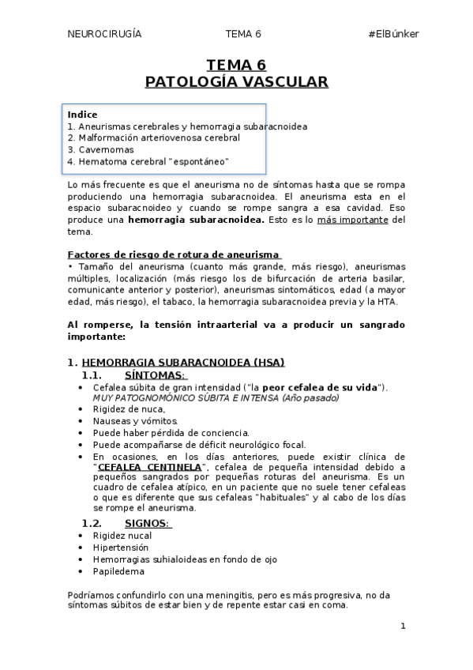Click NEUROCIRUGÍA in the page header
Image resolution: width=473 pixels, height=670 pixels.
click(105, 34)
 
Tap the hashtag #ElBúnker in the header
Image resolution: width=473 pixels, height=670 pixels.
click(393, 34)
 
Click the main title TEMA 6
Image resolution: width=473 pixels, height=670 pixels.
click(236, 65)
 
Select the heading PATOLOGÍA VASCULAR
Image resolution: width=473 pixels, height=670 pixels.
click(236, 81)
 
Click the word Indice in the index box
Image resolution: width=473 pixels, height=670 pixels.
click(82, 115)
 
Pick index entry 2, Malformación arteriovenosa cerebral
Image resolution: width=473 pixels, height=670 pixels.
click(154, 137)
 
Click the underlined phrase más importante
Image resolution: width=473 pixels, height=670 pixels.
click(353, 220)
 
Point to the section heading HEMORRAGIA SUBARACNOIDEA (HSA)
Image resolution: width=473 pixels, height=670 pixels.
click(182, 362)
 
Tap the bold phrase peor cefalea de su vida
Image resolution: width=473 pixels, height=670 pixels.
click(320, 387)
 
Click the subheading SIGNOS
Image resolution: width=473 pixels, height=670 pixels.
click(148, 523)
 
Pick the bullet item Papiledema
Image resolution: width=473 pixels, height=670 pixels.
click(119, 570)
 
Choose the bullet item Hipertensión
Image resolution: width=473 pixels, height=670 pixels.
click(122, 547)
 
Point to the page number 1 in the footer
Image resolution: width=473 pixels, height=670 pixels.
click(403, 627)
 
